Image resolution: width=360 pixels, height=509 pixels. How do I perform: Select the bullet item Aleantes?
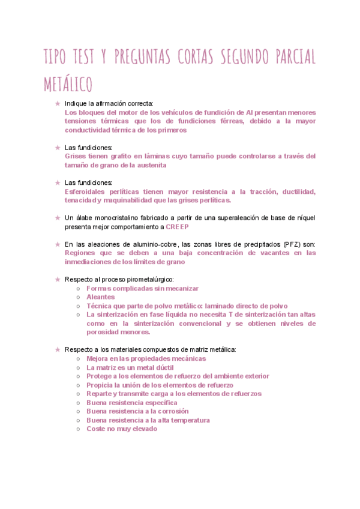click(101, 297)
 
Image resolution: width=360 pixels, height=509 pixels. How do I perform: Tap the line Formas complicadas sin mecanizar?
click(137, 289)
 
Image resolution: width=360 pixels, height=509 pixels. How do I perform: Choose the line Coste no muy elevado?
click(122, 429)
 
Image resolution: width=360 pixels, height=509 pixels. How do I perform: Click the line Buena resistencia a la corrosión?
click(137, 411)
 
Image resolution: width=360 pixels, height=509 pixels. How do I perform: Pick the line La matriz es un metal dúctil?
click(130, 367)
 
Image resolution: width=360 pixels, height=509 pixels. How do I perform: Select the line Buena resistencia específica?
click(132, 402)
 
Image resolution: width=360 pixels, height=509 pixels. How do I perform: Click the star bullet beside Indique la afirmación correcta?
click(57, 103)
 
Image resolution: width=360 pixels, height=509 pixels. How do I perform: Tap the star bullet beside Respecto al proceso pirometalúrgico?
click(57, 279)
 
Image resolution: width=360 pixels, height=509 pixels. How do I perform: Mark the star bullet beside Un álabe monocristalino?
click(57, 218)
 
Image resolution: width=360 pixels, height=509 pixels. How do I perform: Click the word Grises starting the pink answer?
click(76, 156)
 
